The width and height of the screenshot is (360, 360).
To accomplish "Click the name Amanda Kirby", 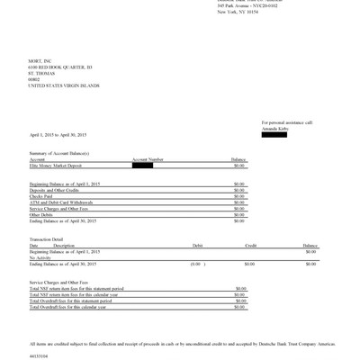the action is pos(274,129).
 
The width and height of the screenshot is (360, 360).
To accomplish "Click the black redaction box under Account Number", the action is pos(142,165).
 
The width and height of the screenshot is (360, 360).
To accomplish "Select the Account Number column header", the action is pos(148,159).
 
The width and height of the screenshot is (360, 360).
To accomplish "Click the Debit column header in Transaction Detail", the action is pos(198,245).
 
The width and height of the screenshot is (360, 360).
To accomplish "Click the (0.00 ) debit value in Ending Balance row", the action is pos(194,264).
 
